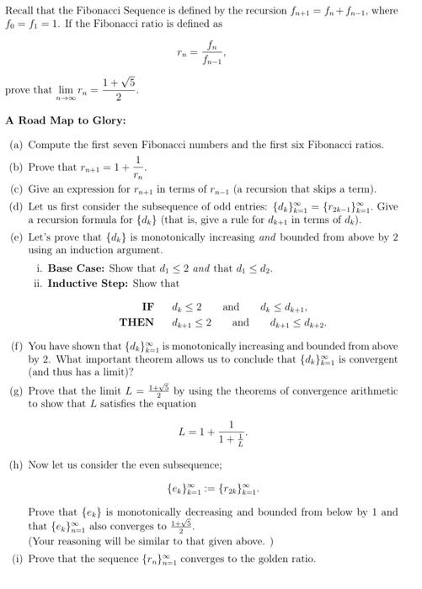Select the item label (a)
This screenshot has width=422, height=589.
pyautogui.click(x=17, y=145)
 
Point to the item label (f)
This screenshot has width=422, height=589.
pyautogui.click(x=17, y=346)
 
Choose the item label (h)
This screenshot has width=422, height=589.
pyautogui.click(x=17, y=464)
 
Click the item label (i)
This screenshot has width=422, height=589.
pyautogui.click(x=17, y=559)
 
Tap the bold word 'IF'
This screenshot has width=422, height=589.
pyautogui.click(x=147, y=306)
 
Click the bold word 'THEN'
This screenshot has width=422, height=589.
pyautogui.click(x=136, y=322)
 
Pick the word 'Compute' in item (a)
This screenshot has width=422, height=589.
pyautogui.click(x=50, y=145)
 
